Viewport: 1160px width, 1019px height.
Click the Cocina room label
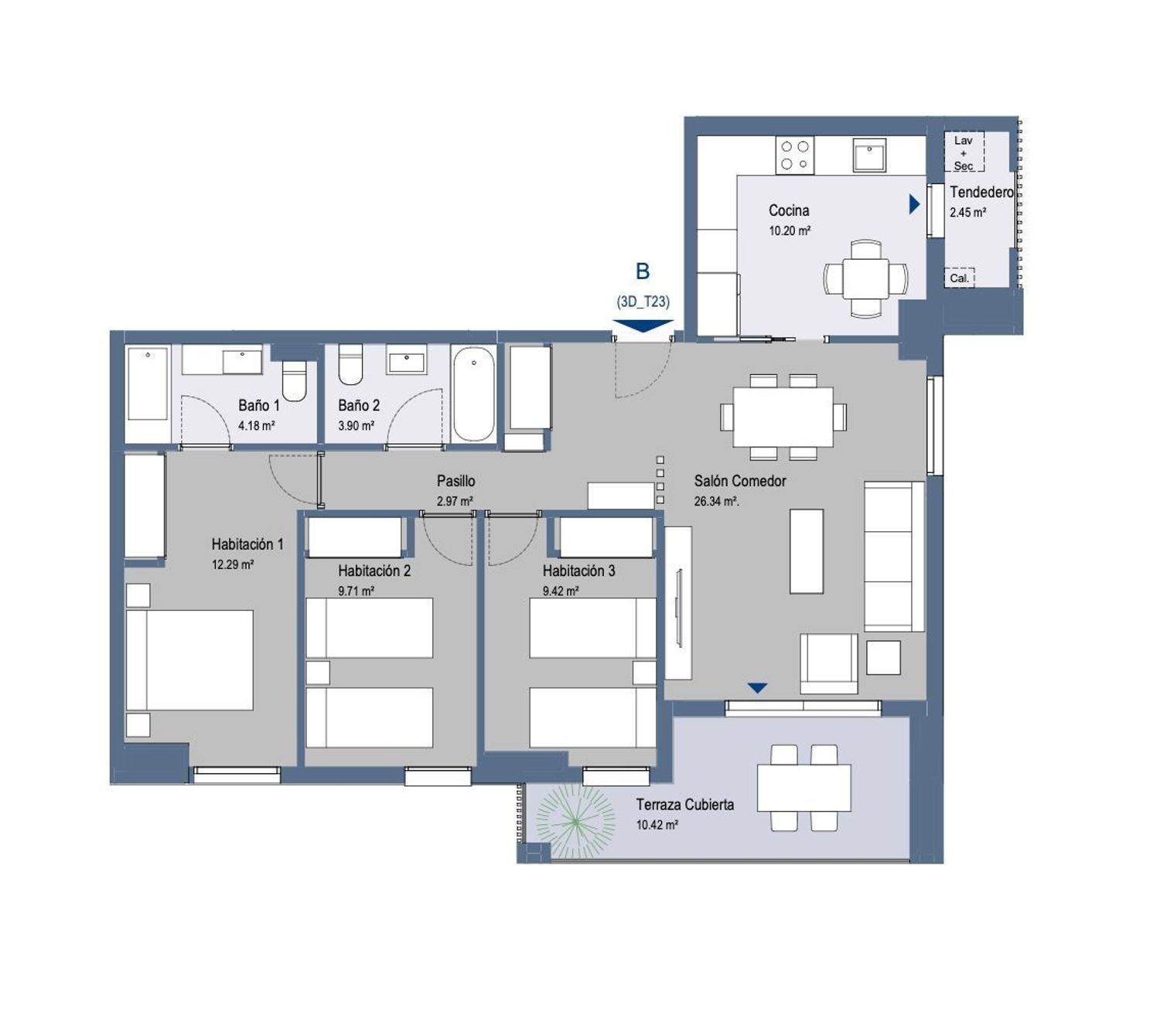coord(788,210)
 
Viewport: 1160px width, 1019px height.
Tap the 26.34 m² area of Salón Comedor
coord(716,502)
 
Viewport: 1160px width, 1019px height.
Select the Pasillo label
coord(455,481)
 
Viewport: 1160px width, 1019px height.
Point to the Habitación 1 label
coord(247,544)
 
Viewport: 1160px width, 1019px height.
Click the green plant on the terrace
coord(575,822)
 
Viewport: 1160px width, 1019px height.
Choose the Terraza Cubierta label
coord(684,804)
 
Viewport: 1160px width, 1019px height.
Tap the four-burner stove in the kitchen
coord(795,155)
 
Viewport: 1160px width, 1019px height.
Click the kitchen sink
coord(869,155)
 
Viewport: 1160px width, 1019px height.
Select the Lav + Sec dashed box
coord(964,152)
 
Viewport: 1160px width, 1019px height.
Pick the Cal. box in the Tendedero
coord(959,278)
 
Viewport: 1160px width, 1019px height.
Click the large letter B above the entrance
coord(643,271)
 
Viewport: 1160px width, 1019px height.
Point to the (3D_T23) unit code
coord(643,302)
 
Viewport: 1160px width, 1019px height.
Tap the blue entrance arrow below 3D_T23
coord(643,325)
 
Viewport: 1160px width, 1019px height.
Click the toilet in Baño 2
coord(350,364)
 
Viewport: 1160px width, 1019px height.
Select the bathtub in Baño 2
coord(473,394)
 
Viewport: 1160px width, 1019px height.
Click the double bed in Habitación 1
coord(189,660)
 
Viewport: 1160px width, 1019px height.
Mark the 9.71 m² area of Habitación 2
coord(356,591)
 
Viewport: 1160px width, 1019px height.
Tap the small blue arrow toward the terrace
coord(757,688)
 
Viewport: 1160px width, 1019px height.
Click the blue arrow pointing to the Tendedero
coord(914,204)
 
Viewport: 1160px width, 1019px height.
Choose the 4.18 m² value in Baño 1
coord(256,426)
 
